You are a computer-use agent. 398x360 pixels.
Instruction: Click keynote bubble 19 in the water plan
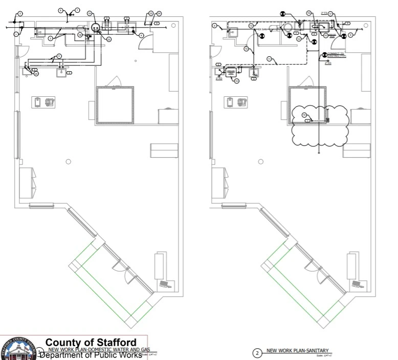pyautogui.click(x=90, y=13)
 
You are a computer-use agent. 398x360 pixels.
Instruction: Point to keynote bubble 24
pyautogui.click(x=159, y=13)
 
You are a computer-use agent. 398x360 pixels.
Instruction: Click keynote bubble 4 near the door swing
pyautogui.click(x=142, y=35)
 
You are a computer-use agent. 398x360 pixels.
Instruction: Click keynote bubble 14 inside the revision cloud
pyautogui.click(x=304, y=114)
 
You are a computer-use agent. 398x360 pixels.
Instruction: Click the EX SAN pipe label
pyautogui.click(x=261, y=30)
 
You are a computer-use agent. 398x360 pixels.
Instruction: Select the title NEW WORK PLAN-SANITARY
pyautogui.click(x=297, y=351)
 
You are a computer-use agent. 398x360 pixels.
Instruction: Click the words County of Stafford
pyautogui.click(x=91, y=342)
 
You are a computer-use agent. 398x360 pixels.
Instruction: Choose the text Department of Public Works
pyautogui.click(x=91, y=355)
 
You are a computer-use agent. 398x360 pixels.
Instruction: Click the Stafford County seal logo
pyautogui.click(x=18, y=349)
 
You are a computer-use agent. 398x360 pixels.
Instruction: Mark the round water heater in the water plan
pyautogui.click(x=96, y=27)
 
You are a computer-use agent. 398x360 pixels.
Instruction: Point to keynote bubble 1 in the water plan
pyautogui.click(x=16, y=34)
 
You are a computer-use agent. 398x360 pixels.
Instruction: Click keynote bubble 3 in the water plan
pyautogui.click(x=70, y=73)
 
